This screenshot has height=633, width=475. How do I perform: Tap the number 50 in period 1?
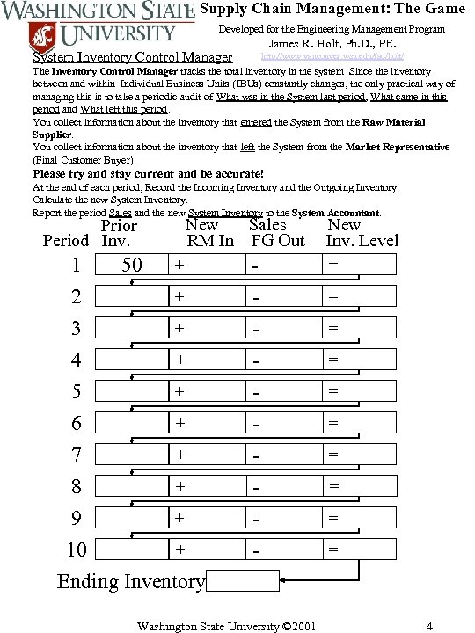coord(132,265)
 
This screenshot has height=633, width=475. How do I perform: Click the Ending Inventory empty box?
coord(244,580)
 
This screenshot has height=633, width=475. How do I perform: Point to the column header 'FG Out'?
coord(278,240)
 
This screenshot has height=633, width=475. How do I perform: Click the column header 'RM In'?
coord(210,240)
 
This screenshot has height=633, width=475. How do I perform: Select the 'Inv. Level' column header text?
coord(362,240)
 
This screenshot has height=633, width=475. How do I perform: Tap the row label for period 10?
coord(77,549)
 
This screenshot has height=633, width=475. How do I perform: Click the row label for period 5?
coord(77,391)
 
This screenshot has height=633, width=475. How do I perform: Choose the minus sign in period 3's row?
coord(254,329)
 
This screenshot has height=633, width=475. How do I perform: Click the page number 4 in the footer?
coord(428,626)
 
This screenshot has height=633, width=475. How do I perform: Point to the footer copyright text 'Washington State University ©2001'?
coord(226,626)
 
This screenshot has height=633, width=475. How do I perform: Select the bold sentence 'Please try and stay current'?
coord(148,173)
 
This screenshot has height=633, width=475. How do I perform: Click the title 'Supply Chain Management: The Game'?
coord(332,9)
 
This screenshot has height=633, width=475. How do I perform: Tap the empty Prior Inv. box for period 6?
coord(132,423)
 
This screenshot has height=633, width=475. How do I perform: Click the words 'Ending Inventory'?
coord(131,581)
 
